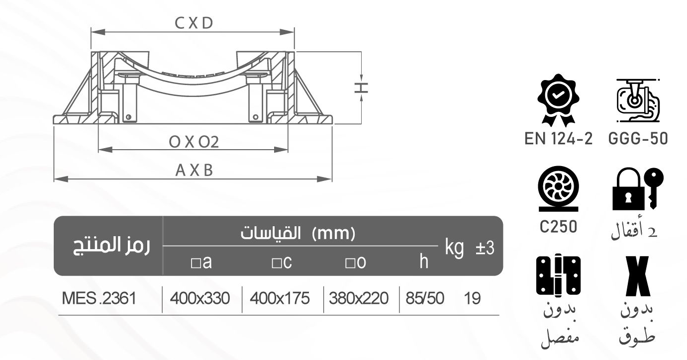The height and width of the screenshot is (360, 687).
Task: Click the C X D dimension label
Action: (194, 23)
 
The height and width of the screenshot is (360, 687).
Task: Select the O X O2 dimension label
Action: (194, 142)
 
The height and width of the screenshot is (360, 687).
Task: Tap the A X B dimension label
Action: (194, 171)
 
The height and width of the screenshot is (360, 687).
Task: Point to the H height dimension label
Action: (362, 88)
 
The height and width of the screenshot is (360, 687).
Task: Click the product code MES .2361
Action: (98, 299)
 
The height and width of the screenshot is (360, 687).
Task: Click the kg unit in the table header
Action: (454, 247)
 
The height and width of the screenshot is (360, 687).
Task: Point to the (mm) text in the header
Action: (336, 232)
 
